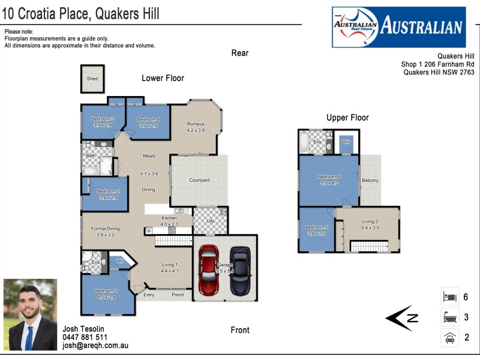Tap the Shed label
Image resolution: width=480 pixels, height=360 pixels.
(x=92, y=79)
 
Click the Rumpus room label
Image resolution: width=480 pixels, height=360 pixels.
(x=196, y=124)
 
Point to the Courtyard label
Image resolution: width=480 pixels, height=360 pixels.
(x=199, y=180)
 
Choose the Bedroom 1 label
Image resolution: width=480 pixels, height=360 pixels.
(x=106, y=291)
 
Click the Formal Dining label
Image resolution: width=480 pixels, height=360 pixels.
(x=105, y=229)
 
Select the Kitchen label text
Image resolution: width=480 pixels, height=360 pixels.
(x=169, y=218)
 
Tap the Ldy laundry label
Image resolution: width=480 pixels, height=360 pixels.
(x=210, y=221)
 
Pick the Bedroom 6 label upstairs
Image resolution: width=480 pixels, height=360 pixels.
(x=329, y=177)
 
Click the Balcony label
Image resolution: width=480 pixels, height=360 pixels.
(x=370, y=180)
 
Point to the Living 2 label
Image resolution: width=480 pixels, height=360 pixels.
(x=370, y=221)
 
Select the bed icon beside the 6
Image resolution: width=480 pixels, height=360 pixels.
(x=449, y=297)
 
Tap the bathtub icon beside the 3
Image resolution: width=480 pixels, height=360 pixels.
(x=449, y=317)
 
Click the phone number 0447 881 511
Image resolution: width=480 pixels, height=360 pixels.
(x=85, y=337)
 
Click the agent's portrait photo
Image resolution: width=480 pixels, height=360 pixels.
(x=30, y=314)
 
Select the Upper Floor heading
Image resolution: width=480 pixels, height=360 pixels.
(x=347, y=118)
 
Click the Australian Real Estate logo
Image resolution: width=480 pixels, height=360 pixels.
(x=398, y=27)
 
